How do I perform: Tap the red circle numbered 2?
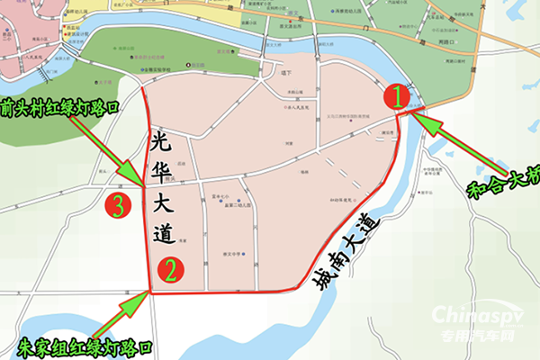(170, 268)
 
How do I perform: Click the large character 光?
(164, 140)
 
